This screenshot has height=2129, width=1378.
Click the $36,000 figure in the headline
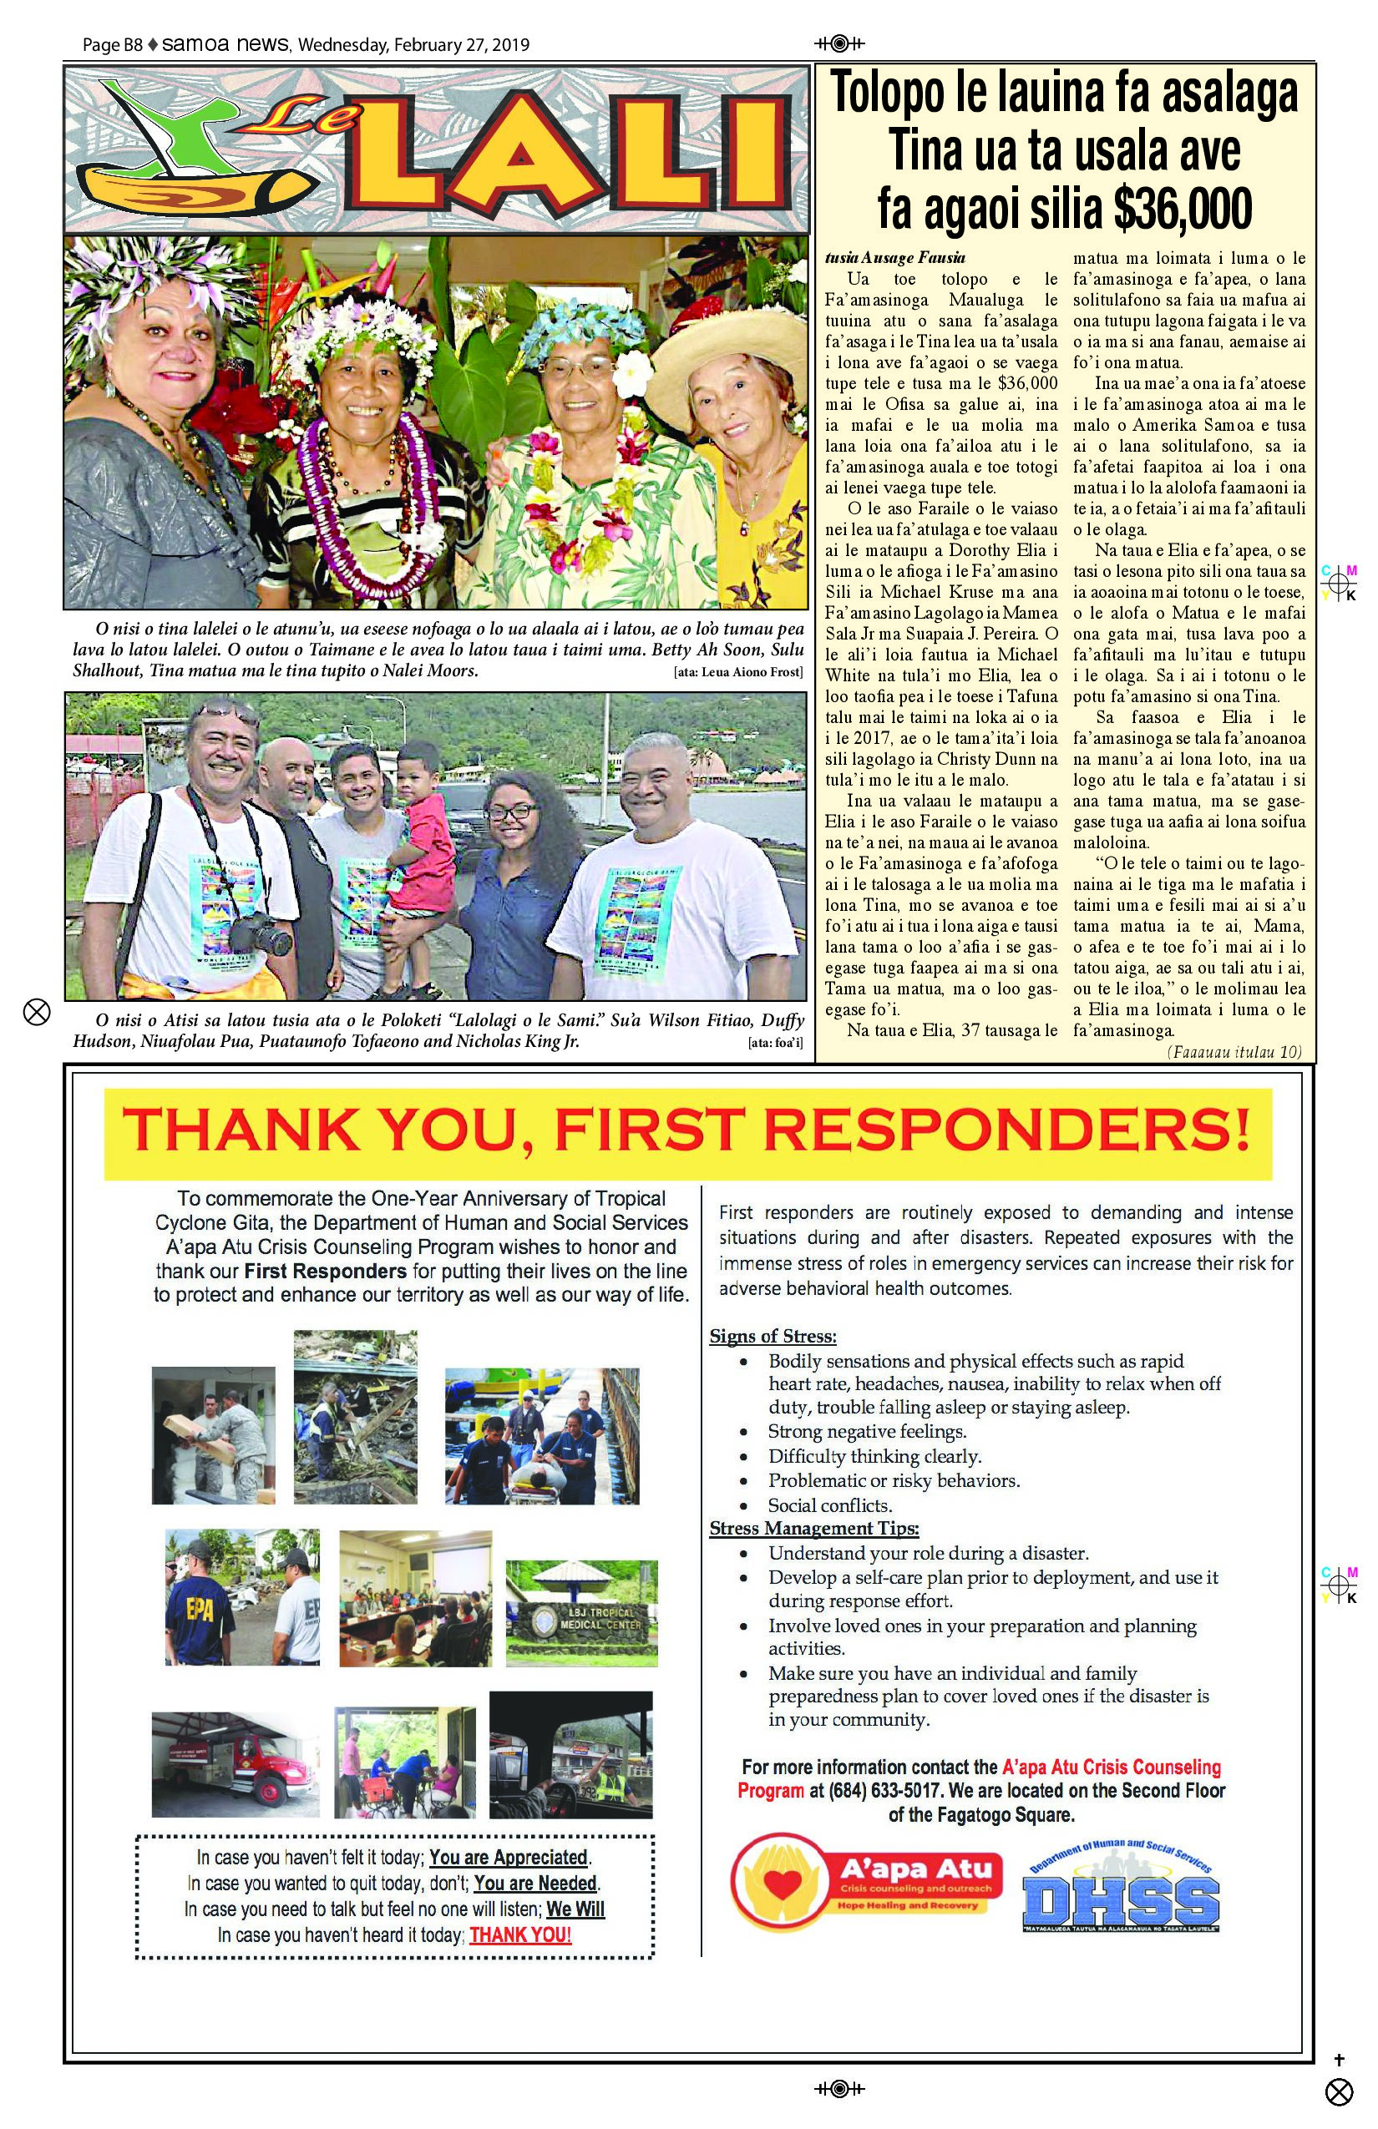1182,209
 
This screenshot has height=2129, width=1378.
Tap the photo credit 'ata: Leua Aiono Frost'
738,673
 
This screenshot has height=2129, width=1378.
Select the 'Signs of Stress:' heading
773,1337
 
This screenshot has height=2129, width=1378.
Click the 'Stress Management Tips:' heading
814,1529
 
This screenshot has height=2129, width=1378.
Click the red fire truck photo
235,1764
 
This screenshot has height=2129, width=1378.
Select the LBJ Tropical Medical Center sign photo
581,1613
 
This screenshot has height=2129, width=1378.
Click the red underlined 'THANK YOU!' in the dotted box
519,1935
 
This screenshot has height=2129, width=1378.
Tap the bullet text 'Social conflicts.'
829,1505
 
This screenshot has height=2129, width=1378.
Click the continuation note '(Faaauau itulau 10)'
1234,1052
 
